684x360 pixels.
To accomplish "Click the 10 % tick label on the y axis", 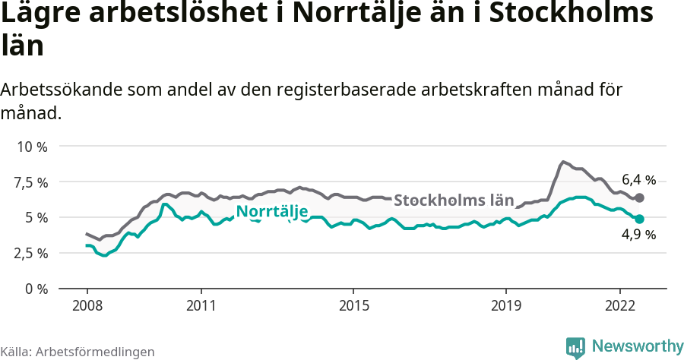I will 31,147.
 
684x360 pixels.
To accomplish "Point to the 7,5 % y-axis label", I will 31,182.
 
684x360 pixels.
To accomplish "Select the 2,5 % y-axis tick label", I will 31,253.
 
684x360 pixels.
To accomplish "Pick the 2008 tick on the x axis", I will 87,305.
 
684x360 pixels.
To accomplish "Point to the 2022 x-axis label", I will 620,305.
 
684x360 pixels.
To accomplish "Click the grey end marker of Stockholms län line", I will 640,197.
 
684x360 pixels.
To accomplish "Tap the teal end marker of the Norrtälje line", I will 640,219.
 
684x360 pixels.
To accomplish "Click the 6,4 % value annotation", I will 638,180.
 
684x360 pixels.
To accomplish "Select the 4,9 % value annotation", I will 638,235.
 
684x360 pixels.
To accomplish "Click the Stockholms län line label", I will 454,201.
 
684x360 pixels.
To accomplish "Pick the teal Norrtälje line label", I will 271,212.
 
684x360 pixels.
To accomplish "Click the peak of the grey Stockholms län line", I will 563,162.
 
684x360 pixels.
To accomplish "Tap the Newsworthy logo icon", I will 575,347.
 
